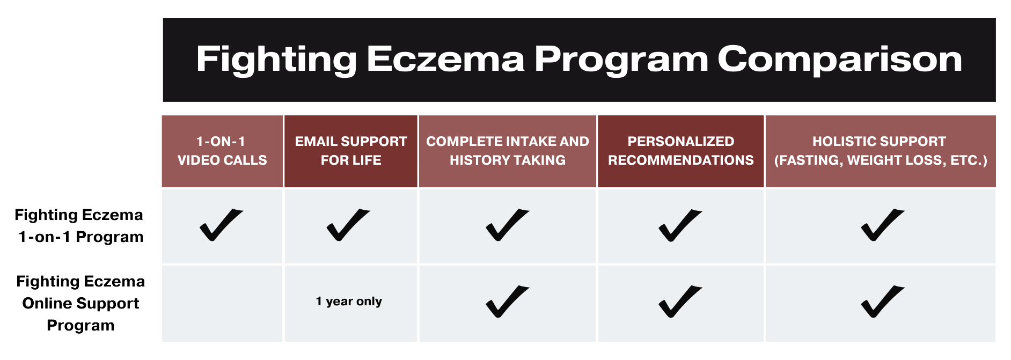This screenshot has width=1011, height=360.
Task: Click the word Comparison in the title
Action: click(839, 59)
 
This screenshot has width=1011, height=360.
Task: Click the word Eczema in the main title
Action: click(445, 59)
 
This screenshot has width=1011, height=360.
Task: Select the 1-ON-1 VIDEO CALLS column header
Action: click(222, 151)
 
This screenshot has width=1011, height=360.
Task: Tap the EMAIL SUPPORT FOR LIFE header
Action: click(351, 151)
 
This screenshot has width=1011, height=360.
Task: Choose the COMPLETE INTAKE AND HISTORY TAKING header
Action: click(507, 151)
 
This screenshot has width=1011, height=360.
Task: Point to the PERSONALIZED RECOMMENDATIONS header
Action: click(680, 151)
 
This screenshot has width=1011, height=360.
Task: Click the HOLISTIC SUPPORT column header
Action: click(880, 151)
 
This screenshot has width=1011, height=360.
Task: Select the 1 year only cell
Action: click(349, 302)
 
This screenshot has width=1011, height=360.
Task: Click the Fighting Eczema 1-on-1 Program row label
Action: click(80, 226)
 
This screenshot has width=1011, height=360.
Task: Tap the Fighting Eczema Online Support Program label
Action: click(80, 303)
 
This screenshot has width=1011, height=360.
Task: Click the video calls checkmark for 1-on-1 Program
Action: click(221, 225)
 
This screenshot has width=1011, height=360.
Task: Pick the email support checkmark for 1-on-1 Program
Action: click(348, 225)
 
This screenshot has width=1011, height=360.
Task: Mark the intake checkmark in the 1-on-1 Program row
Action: click(507, 225)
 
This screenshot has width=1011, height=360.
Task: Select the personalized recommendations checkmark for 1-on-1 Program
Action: click(679, 225)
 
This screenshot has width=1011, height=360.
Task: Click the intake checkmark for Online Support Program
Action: click(507, 302)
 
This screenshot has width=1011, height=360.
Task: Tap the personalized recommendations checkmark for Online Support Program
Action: click(679, 302)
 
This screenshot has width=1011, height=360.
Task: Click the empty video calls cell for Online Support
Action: click(222, 304)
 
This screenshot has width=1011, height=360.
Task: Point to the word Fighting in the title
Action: click(276, 59)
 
